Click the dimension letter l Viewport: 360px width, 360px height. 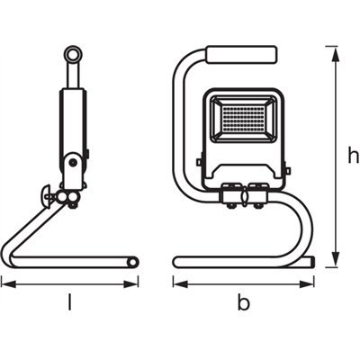[70, 302]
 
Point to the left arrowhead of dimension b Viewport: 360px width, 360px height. [176, 283]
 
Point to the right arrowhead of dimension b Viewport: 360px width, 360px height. [314, 283]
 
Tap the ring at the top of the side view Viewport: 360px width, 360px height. [71, 57]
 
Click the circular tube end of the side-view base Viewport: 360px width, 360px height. [133, 262]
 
